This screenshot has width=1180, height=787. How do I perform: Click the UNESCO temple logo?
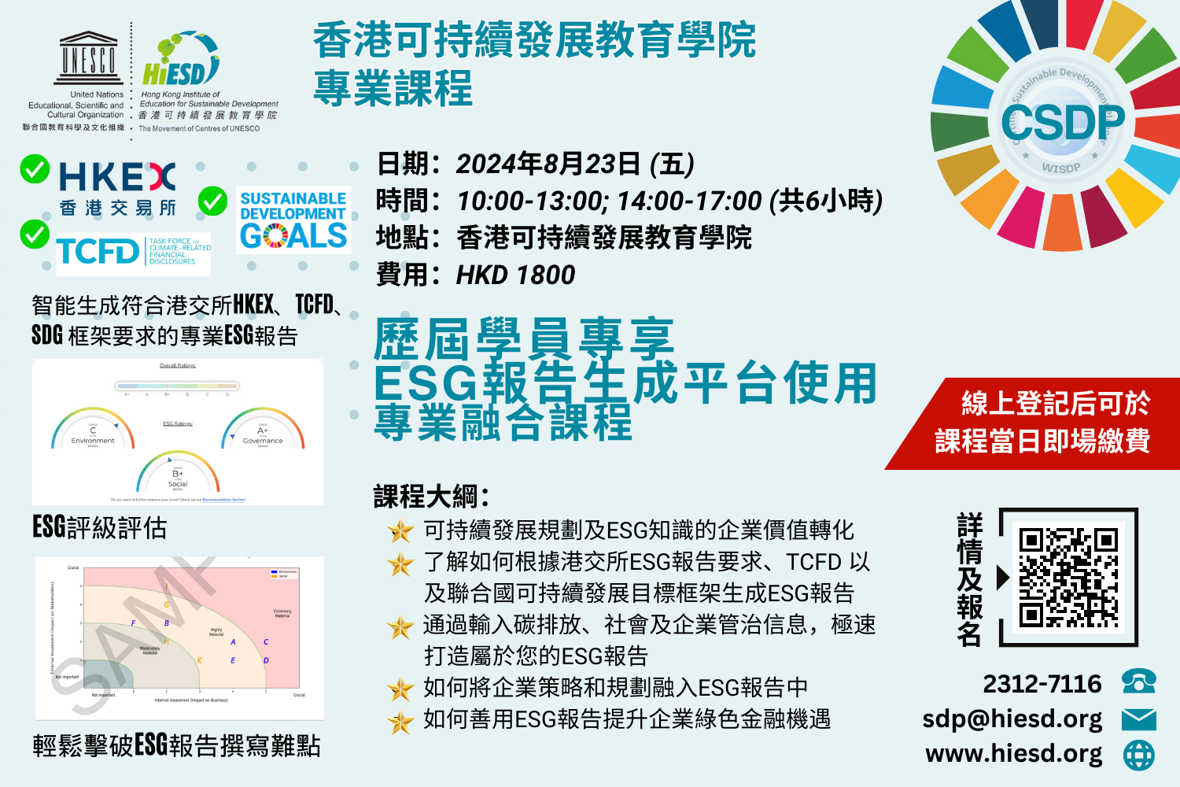click(x=88, y=58)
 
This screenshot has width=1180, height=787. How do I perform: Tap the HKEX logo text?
click(x=117, y=178)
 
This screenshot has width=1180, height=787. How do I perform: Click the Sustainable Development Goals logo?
click(x=293, y=220)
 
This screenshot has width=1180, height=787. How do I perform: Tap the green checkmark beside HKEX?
click(x=35, y=169)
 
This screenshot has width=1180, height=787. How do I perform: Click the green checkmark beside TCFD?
click(x=35, y=234)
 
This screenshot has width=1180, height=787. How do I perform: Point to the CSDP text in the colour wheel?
click(x=1062, y=124)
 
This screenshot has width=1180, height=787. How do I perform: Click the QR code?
click(x=1068, y=577)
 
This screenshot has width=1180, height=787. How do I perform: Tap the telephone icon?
click(x=1138, y=682)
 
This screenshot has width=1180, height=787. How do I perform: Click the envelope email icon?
click(x=1138, y=719)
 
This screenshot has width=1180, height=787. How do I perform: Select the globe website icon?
click(x=1138, y=755)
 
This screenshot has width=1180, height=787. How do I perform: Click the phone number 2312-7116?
click(x=1042, y=684)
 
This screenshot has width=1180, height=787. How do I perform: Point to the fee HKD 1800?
click(x=515, y=275)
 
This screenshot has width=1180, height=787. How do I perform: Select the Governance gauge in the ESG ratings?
click(x=263, y=430)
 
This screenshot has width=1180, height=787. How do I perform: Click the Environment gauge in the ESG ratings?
click(x=93, y=430)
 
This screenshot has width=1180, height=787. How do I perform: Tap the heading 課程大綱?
click(x=431, y=497)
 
